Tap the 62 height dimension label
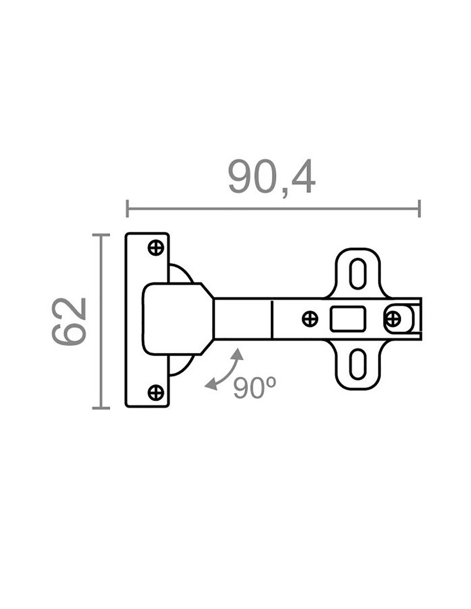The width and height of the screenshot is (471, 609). coord(69,322)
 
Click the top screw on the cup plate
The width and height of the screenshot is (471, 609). coord(156,248)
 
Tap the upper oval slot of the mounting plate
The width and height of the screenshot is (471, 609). coord(358,274)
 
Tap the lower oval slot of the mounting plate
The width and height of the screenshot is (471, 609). coord(358,364)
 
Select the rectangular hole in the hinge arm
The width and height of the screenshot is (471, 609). coord(348,319)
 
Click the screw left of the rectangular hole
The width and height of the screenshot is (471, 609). coord(310,319)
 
